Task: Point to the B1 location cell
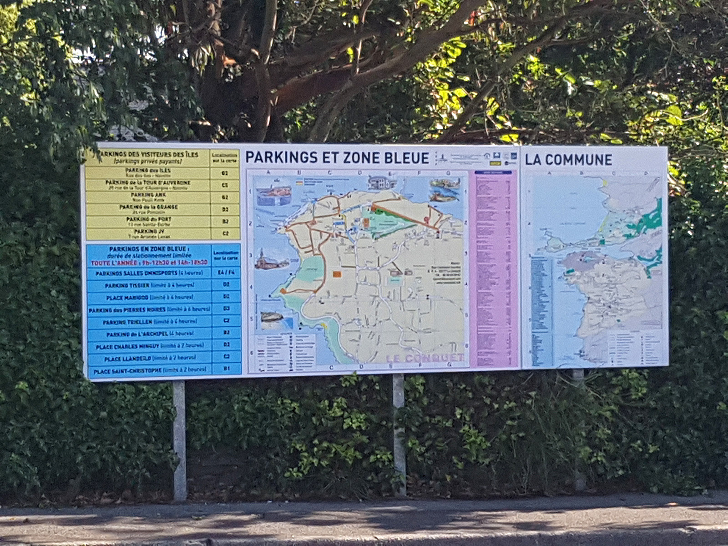[x=226, y=369]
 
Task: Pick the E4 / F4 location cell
[x=226, y=273]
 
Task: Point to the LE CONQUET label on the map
[x=425, y=358]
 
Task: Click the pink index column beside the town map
[x=494, y=268]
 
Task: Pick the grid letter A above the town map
[x=268, y=173]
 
